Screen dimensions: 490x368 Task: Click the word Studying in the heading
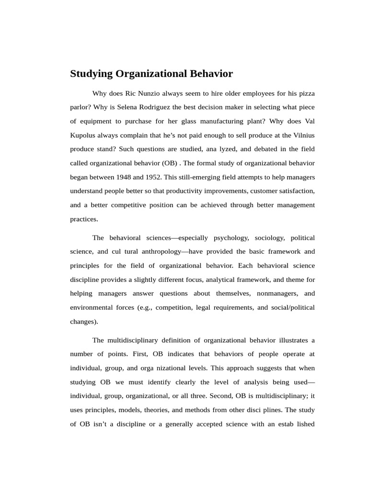(x=92, y=74)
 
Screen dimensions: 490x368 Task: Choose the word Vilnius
(x=302, y=135)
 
